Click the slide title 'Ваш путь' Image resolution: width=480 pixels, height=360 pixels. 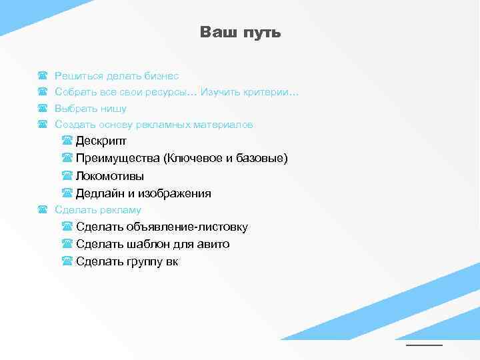click(x=240, y=33)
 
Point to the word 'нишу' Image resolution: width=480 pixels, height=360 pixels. click(x=114, y=109)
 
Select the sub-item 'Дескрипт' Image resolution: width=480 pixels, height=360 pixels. click(x=101, y=141)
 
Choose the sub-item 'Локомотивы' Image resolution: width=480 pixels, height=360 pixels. click(x=109, y=177)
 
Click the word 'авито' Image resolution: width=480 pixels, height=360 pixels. click(x=213, y=245)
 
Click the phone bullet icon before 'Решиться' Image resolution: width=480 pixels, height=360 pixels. click(x=43, y=77)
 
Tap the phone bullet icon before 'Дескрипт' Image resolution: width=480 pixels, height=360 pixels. click(x=67, y=141)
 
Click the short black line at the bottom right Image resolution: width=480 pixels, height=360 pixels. click(x=424, y=345)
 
